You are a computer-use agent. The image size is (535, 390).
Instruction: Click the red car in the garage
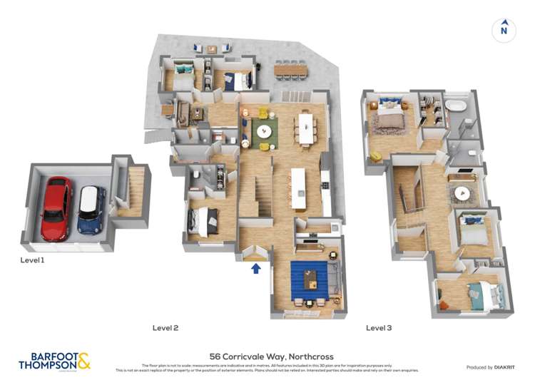point(56,209)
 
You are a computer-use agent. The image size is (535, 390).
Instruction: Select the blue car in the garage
point(91,210)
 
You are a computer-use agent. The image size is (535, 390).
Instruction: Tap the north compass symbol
point(504,29)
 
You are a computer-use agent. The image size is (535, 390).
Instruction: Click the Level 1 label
point(32,261)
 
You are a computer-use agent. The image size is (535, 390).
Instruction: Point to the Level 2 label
point(165,328)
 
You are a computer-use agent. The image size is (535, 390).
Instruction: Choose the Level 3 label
point(379,328)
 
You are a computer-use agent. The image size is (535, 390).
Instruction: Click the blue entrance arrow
point(256,268)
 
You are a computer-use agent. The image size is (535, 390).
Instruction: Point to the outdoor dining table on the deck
point(291,70)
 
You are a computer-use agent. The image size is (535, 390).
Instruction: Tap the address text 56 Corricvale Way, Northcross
point(271,356)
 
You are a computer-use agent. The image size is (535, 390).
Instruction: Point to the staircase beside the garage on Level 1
point(131,191)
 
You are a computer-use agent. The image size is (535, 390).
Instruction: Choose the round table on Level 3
point(465,193)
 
